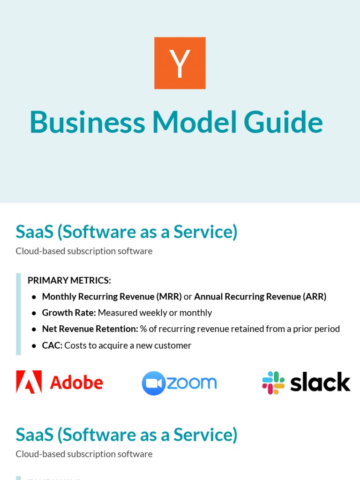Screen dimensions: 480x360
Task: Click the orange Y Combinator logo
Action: point(180,63)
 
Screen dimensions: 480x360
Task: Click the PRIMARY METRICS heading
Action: point(69,280)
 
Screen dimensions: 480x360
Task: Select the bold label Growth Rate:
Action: point(69,313)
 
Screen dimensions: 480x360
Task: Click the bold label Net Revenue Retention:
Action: point(90,329)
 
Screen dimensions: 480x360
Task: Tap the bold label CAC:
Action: point(52,345)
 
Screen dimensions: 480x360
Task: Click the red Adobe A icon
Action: point(29,382)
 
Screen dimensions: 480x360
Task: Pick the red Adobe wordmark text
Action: point(76,382)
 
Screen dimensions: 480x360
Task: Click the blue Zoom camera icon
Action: point(153,383)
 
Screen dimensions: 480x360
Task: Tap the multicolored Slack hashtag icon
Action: point(273,382)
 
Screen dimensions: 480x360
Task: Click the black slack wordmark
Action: point(320,382)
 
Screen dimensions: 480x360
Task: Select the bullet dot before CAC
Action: point(34,346)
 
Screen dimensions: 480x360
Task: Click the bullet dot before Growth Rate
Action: point(34,313)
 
